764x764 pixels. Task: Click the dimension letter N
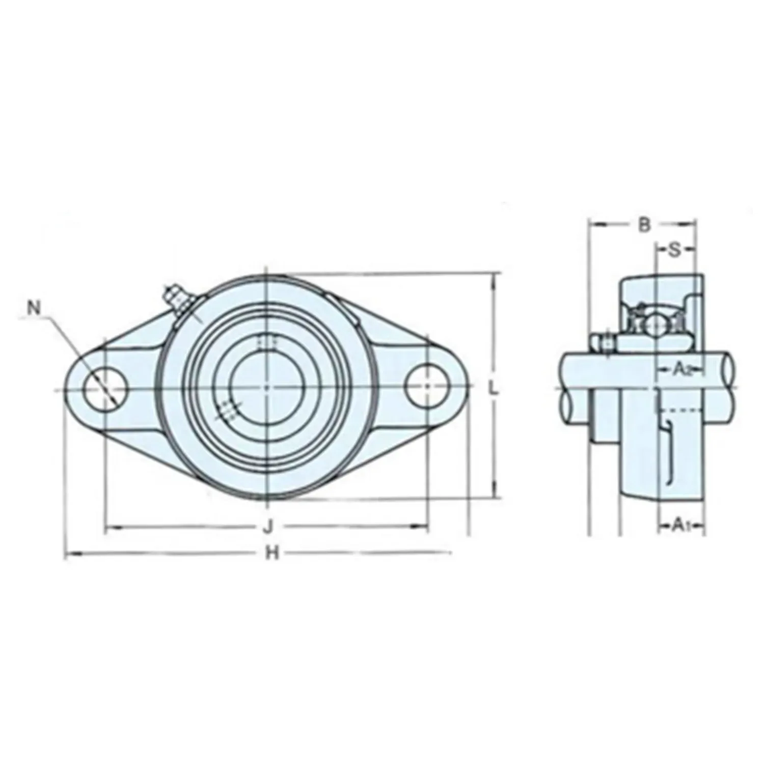click(34, 308)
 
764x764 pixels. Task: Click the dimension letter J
click(268, 527)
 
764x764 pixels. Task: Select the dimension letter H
click(272, 553)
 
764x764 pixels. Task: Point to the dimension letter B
click(644, 225)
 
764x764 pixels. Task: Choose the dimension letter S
click(674, 250)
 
